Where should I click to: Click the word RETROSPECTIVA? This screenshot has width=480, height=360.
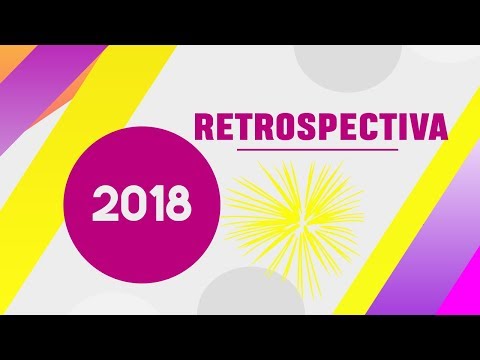[x=319, y=128]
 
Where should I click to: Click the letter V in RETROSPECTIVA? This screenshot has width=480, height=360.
[x=409, y=128]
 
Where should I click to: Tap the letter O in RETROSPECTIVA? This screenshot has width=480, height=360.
[x=266, y=128]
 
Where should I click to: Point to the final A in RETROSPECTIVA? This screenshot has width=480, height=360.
[x=433, y=128]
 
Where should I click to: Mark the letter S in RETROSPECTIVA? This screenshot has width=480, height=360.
[x=289, y=128]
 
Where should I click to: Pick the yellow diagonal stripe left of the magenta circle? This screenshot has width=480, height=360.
[x=60, y=190]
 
